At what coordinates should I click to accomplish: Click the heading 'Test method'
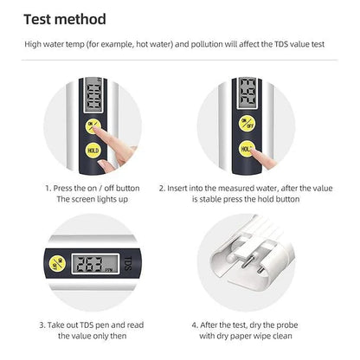tap(65, 19)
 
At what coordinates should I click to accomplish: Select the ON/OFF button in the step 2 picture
tap(247, 123)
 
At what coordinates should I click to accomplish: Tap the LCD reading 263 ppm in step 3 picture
tap(92, 264)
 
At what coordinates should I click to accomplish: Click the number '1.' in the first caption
tap(48, 187)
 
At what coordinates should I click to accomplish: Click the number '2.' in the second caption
tap(162, 187)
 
